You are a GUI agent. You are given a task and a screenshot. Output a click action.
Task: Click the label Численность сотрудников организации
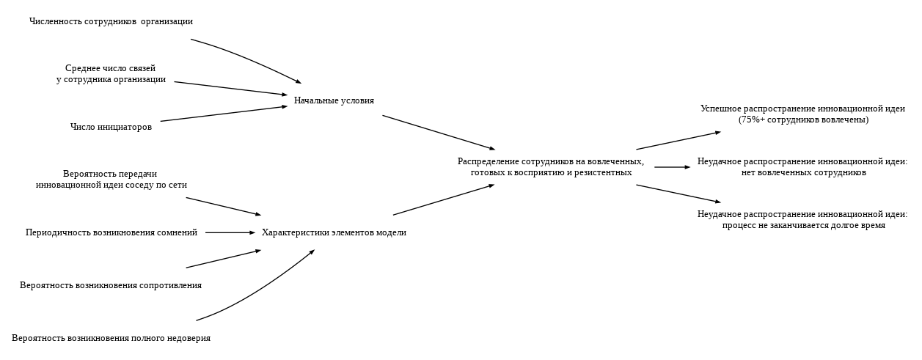tap(111, 21)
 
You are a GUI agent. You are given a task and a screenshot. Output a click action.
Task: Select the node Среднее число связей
tap(111, 73)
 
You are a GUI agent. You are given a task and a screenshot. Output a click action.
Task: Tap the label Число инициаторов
tap(111, 127)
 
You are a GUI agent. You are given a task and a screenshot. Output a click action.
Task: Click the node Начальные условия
tap(334, 100)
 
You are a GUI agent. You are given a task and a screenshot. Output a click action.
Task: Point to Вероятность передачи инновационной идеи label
tap(111, 180)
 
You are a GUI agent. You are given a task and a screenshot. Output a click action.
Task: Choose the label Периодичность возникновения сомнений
tap(111, 232)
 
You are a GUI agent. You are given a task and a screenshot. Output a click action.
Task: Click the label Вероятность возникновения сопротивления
tap(111, 285)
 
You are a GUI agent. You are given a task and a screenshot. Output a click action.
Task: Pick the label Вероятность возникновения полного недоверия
tap(111, 338)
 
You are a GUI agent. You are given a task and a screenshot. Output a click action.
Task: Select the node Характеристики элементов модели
tap(334, 232)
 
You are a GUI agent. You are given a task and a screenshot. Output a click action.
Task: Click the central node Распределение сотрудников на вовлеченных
tap(551, 166)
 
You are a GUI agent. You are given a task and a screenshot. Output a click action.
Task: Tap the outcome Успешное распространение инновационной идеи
tap(802, 109)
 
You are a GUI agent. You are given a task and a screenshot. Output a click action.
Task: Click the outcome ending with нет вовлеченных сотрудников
tap(802, 172)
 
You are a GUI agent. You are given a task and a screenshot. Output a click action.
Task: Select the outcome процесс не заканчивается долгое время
tap(802, 225)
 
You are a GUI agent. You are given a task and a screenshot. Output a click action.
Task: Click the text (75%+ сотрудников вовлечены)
tap(802, 120)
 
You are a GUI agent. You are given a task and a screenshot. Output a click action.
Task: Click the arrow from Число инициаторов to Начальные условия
tap(224, 114)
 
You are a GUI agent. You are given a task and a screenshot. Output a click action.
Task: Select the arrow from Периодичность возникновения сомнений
tap(230, 232)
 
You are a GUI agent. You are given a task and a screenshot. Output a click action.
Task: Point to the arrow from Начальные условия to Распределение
tap(438, 133)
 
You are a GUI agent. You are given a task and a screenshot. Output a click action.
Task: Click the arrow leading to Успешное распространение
tap(678, 141)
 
